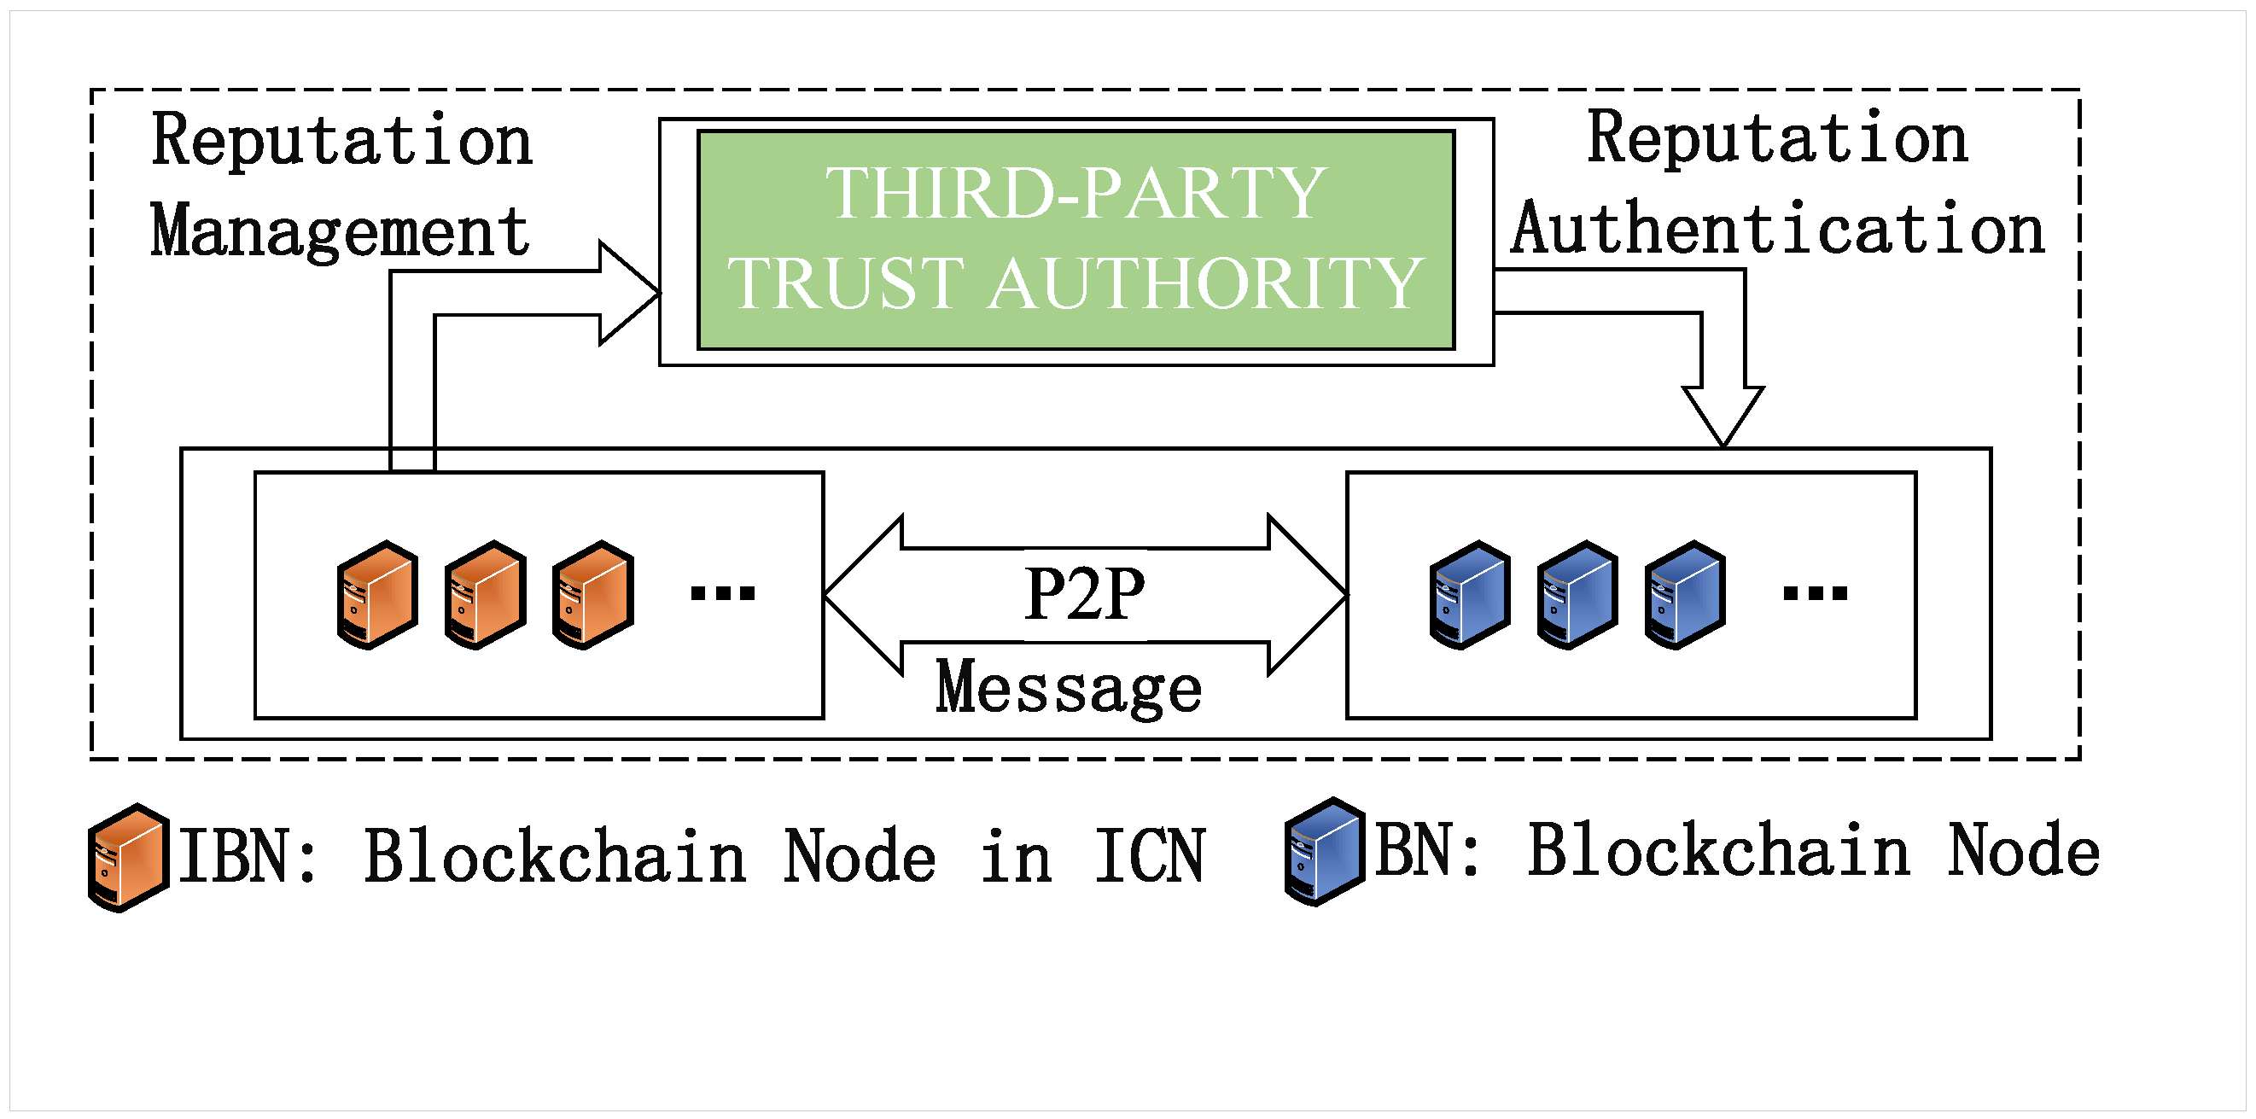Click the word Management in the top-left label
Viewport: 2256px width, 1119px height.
pos(340,231)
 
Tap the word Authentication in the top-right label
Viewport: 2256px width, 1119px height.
pos(1778,230)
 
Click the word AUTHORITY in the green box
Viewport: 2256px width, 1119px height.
pos(1205,283)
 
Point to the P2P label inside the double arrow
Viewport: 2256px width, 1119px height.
pos(1084,594)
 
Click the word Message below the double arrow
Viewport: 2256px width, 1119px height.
pos(1069,688)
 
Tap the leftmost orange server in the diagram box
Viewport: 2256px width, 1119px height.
pos(377,595)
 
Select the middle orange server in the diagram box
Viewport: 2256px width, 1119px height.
pos(485,595)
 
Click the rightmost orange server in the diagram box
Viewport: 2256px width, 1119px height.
pos(593,595)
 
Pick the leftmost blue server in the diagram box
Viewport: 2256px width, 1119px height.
pos(1470,595)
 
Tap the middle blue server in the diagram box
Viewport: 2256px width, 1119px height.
pos(1577,595)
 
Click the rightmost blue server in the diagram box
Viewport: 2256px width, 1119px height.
pos(1685,595)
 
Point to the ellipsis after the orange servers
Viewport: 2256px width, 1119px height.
pos(722,594)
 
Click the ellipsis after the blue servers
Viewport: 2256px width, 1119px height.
pos(1815,594)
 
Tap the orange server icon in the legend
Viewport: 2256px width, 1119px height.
pos(129,857)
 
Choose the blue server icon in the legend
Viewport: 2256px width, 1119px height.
pos(1324,852)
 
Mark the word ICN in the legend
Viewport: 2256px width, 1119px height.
pos(1149,856)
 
